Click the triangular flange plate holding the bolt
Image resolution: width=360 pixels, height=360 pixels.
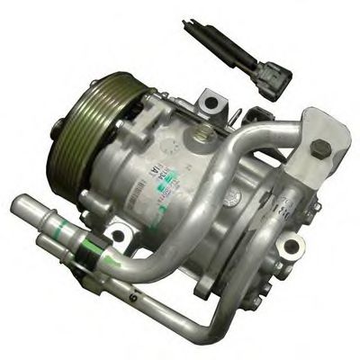tap(319, 144)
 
